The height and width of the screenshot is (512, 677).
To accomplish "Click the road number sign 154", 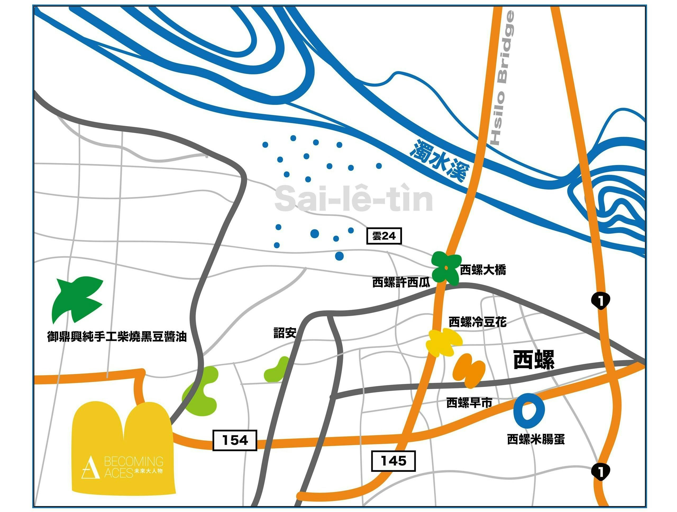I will (235, 440).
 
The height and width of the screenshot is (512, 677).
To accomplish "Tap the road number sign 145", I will (393, 461).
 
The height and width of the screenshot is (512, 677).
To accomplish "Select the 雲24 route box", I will (384, 236).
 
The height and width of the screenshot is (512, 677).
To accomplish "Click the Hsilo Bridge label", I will (502, 78).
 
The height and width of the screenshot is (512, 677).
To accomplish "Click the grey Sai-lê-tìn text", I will (354, 199).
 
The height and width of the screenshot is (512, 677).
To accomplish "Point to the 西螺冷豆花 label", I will (477, 322).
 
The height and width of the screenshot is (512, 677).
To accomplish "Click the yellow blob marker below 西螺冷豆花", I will (443, 342).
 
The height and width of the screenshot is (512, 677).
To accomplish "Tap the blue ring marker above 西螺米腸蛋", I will (529, 411).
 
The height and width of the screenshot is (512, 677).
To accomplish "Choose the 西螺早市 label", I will (469, 402).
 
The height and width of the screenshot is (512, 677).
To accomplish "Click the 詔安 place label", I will (285, 333).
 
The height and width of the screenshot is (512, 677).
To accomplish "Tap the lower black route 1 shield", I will (601, 472).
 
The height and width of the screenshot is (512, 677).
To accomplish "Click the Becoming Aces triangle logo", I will (91, 467).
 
